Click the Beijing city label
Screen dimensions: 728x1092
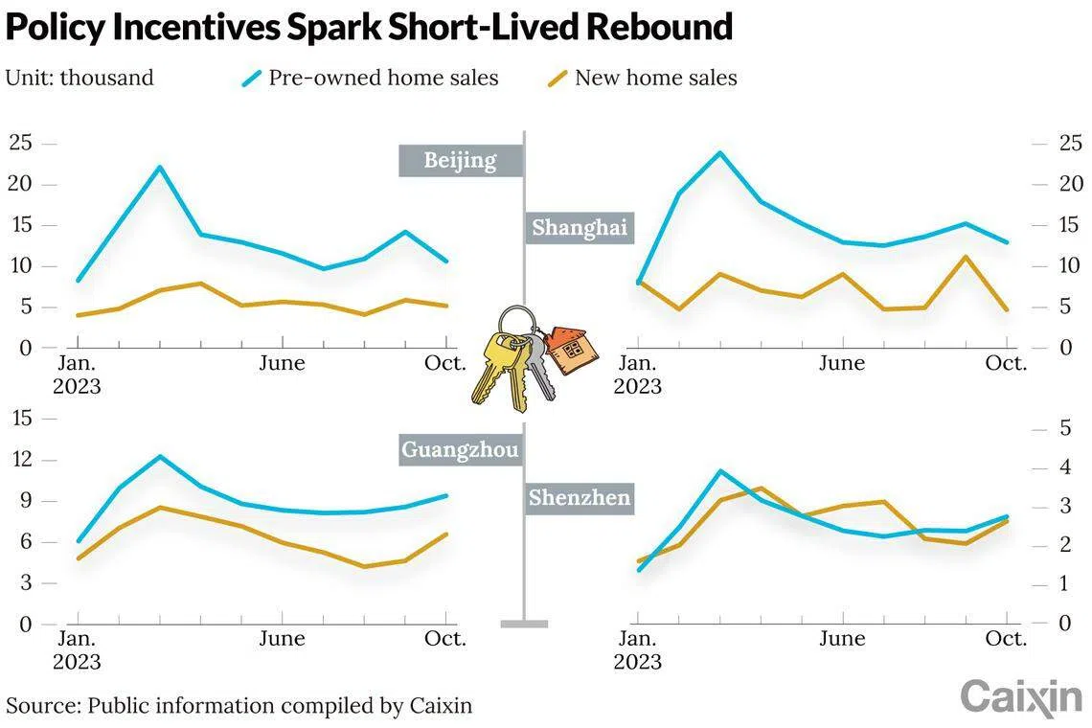[461, 160]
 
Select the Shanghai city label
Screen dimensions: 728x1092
[580, 228]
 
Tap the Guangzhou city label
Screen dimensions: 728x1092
[461, 450]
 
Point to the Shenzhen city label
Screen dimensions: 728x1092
[580, 498]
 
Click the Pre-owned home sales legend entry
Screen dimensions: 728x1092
[371, 79]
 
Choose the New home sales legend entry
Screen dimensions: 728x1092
[643, 79]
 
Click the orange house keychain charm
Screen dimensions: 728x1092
[573, 350]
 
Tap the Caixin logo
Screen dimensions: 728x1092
[1020, 697]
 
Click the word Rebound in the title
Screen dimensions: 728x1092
[659, 27]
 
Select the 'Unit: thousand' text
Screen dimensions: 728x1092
[80, 79]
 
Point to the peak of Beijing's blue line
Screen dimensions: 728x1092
[160, 167]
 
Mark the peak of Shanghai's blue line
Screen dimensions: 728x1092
[719, 152]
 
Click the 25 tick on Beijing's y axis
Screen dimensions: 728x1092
[21, 144]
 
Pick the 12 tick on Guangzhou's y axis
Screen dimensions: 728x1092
[21, 460]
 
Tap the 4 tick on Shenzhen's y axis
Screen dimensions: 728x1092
[1063, 468]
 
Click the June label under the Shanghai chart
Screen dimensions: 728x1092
[842, 364]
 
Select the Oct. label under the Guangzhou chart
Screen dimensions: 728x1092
[445, 639]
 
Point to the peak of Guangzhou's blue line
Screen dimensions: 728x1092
[160, 456]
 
